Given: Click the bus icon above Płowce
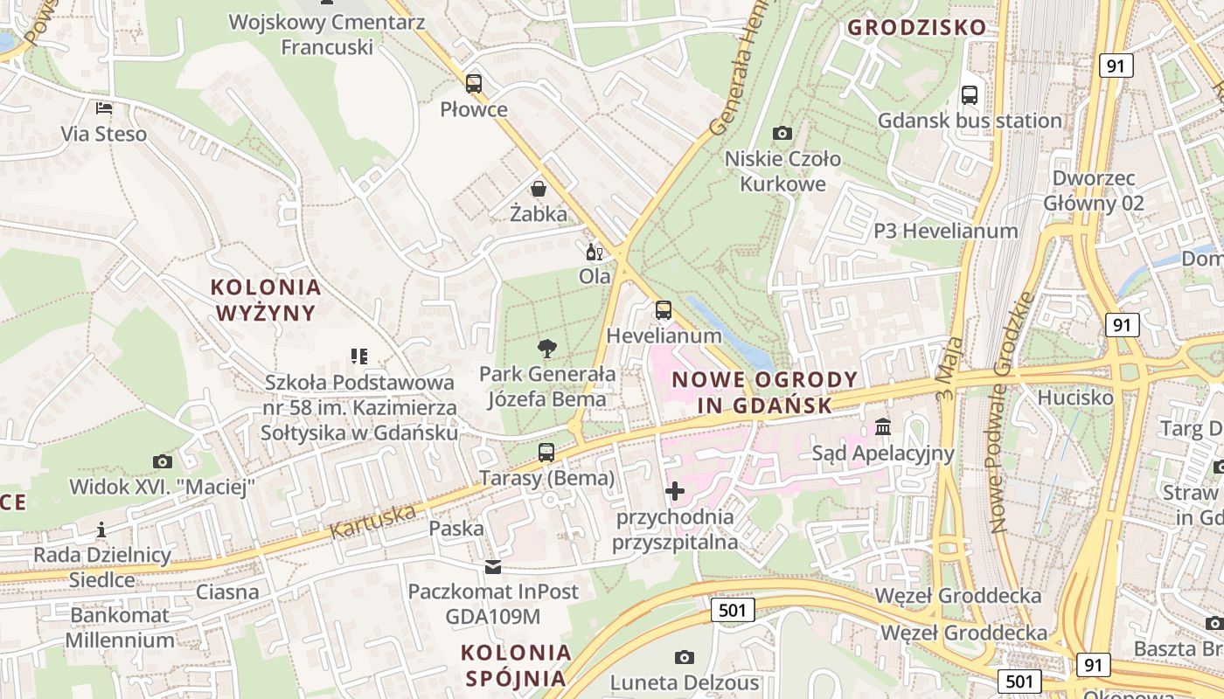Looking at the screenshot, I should point(473,84).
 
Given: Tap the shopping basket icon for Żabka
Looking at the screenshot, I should point(539,189).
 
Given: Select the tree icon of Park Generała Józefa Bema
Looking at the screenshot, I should point(547,349).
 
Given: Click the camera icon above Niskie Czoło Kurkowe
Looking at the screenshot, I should point(782,134).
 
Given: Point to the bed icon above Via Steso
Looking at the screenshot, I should point(104,108).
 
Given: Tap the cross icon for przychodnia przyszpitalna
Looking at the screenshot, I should point(675,491).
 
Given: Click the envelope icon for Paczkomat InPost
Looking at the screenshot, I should point(494,567).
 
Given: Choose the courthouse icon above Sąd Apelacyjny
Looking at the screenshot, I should point(883,427).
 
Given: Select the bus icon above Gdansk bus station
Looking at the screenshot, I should point(970,95).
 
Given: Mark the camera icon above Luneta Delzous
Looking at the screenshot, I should point(685,657).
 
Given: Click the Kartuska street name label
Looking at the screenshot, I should point(373,522).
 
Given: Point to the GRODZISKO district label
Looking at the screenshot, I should point(917,27).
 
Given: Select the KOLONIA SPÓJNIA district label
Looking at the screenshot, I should point(516,665).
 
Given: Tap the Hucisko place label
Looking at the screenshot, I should point(1075,398).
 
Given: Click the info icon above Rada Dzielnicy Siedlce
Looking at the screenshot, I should point(101,529).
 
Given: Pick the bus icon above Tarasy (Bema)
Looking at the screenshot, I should point(546,453).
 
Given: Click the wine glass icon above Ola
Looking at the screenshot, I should point(595,252).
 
